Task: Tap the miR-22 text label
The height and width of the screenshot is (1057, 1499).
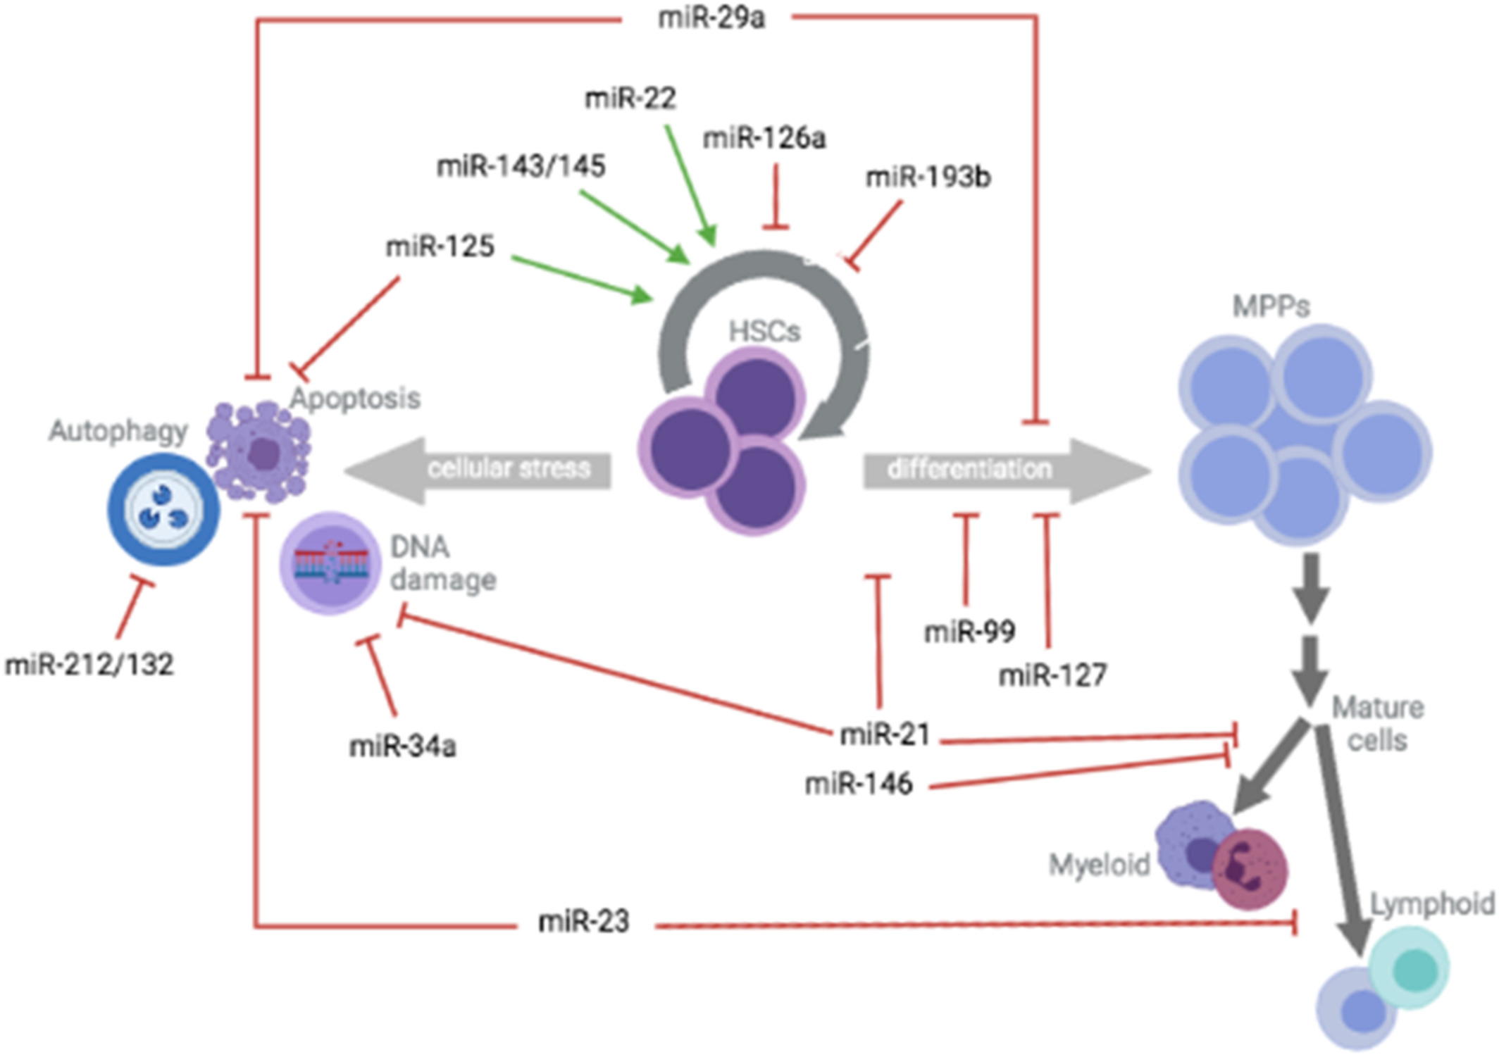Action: (630, 98)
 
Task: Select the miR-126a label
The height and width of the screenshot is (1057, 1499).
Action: (764, 139)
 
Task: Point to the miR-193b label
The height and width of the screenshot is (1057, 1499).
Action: (928, 177)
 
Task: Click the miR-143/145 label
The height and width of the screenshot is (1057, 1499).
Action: (521, 167)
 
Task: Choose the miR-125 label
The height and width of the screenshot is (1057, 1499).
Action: (440, 246)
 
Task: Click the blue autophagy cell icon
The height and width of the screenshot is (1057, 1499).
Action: (163, 509)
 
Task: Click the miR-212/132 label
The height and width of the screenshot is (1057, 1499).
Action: (89, 665)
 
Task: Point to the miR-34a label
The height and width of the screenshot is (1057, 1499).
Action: (402, 746)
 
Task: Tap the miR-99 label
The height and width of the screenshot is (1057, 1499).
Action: (969, 632)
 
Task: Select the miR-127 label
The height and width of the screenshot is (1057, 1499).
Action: (1052, 676)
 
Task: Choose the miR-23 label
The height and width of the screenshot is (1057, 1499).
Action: (583, 922)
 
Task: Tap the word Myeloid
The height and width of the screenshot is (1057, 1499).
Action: (1099, 865)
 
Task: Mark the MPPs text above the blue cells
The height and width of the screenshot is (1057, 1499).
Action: (1271, 306)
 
